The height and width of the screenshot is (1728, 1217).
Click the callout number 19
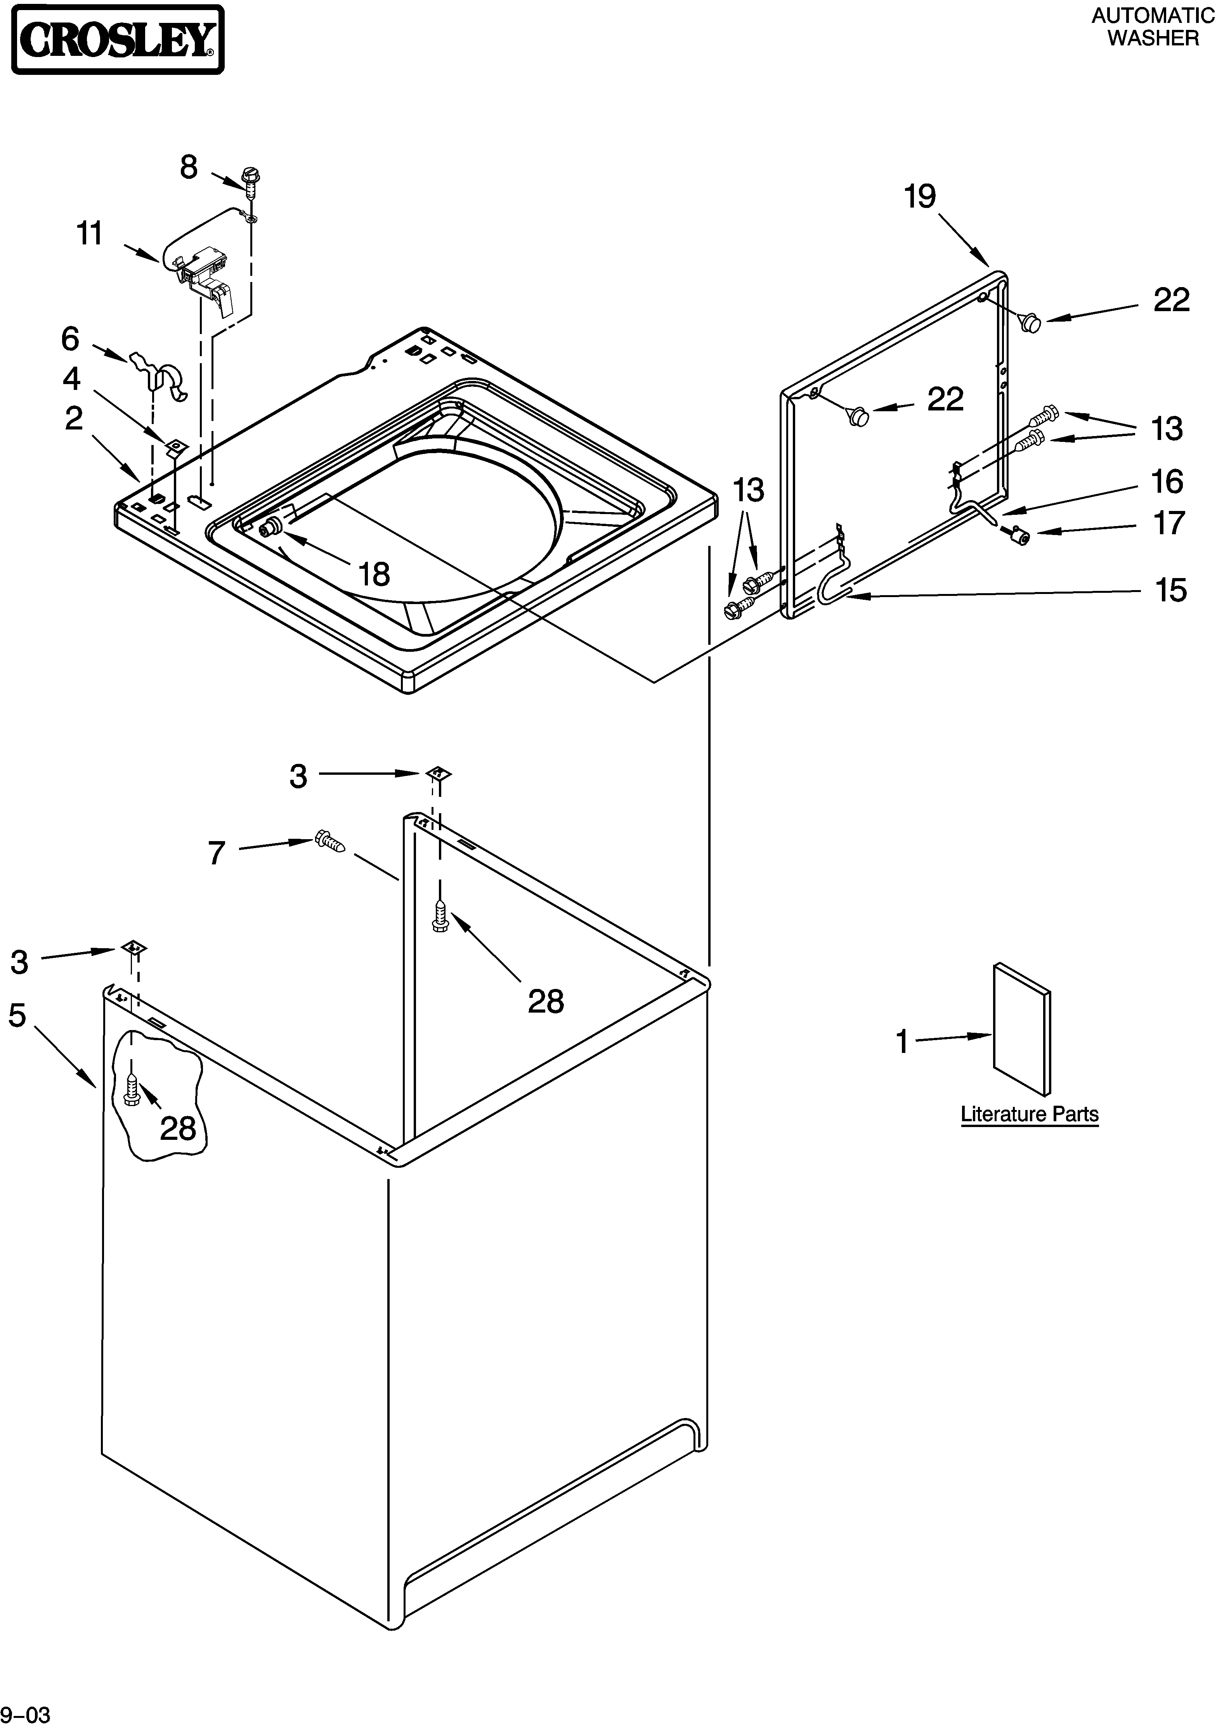click(920, 197)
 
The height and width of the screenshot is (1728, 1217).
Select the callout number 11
click(90, 234)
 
